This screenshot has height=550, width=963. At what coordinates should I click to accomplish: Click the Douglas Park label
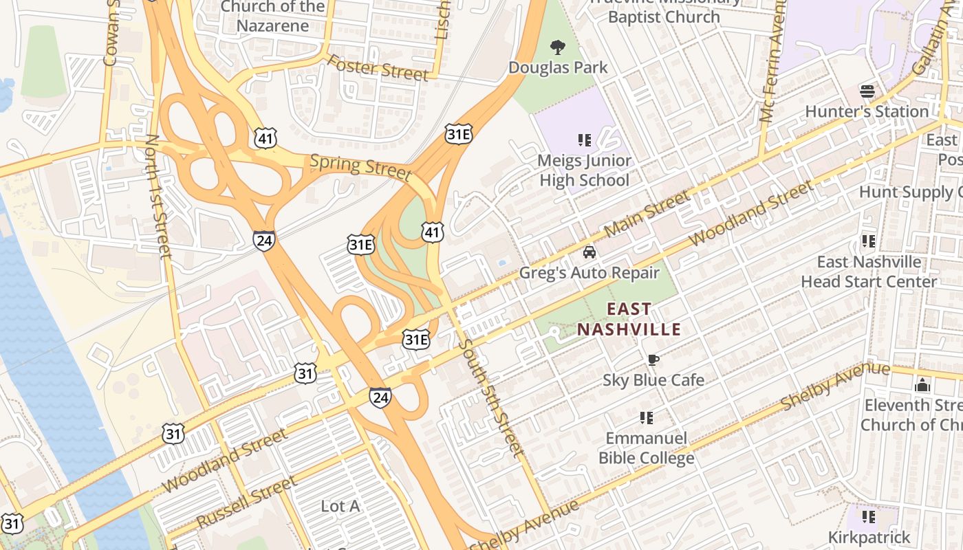pos(558,67)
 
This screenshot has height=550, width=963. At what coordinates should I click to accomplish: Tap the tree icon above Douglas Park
pos(558,47)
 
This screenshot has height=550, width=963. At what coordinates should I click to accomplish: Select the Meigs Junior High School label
pos(585,170)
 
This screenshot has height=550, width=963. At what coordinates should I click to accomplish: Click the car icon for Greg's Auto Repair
pos(589,252)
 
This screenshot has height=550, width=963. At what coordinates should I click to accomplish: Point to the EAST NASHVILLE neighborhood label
pos(629,320)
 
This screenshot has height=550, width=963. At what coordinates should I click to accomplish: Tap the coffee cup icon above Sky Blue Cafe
pos(653,360)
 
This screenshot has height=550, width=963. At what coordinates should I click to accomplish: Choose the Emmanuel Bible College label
pos(646,448)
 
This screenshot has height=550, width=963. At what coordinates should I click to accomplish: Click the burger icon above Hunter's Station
pos(867,91)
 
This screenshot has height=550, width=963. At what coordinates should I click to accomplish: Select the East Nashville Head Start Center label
pos(869,272)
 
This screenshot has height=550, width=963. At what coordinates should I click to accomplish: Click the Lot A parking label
pos(340,507)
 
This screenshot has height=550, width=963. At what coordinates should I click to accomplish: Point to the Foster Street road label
pos(377,67)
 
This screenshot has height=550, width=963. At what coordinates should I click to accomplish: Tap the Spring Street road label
pos(360,167)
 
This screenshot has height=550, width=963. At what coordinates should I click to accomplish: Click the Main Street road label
pos(647,214)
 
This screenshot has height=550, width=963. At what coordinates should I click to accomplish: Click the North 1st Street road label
pos(158,197)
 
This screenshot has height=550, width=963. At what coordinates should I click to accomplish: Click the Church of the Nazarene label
pos(273,16)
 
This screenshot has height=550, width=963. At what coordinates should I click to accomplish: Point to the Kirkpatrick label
pos(869,537)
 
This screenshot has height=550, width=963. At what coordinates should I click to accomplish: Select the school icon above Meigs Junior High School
pos(585,141)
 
